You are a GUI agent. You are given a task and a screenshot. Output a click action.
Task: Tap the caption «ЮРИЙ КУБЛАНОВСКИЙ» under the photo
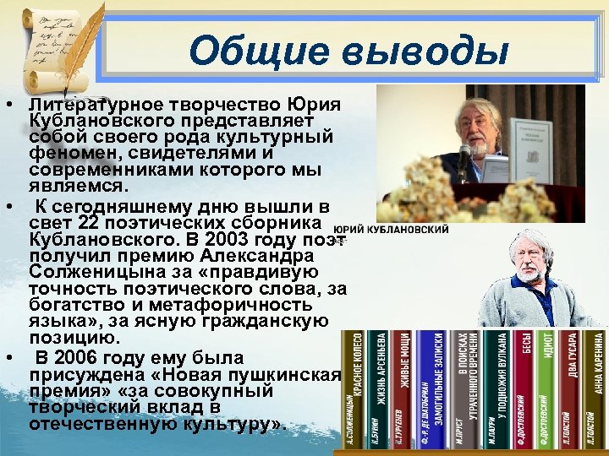click(392, 229)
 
